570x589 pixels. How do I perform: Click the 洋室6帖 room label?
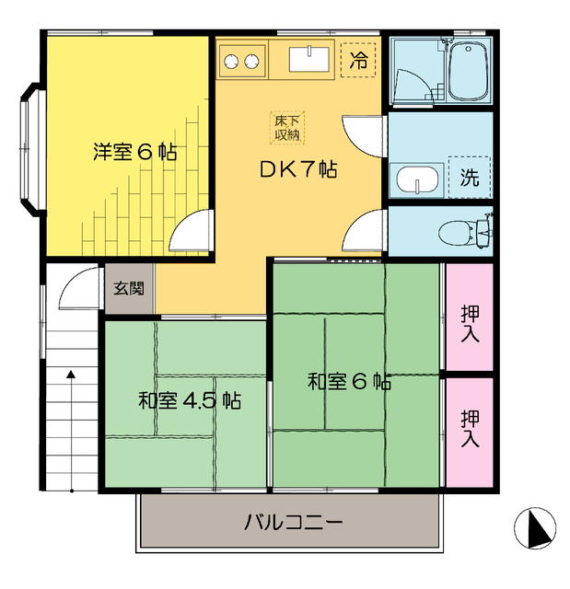134,152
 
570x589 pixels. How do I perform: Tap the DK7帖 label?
296,171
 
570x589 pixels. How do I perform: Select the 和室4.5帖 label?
191,401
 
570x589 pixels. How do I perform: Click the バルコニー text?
294,524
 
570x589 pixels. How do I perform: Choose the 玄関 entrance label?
129,288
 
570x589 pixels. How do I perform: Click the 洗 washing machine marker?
469,178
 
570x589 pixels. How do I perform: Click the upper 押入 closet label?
470,322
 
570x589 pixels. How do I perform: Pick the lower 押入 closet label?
470,428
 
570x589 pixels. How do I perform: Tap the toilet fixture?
464,232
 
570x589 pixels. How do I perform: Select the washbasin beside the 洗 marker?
416,179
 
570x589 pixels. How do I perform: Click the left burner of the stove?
231,62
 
